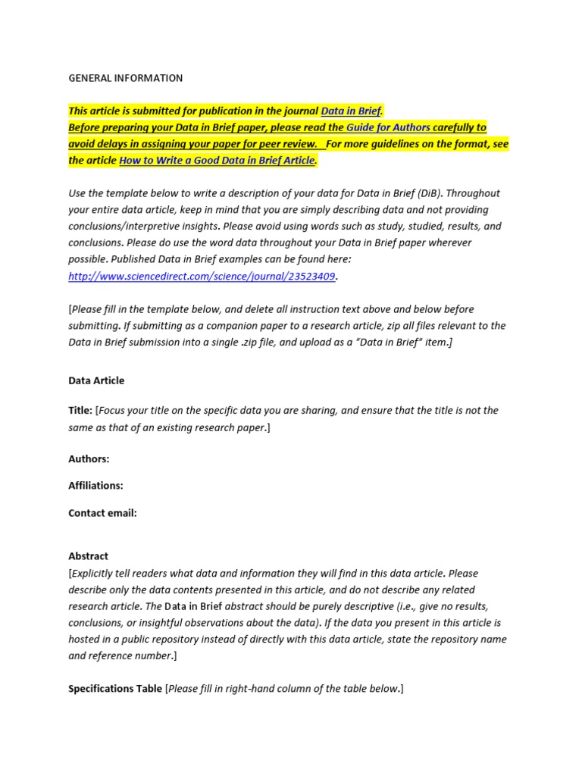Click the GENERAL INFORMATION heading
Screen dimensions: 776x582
tap(125, 78)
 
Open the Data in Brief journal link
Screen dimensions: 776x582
tap(352, 111)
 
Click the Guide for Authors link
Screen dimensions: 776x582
tap(388, 127)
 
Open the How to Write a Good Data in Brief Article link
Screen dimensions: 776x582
tap(217, 161)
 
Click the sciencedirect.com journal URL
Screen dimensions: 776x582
tap(202, 276)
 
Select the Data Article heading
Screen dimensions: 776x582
tap(96, 380)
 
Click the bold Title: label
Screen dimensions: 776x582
tap(80, 410)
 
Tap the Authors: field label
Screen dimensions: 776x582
tap(89, 458)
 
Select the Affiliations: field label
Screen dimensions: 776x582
tap(95, 485)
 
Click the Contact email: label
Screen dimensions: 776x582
tap(102, 513)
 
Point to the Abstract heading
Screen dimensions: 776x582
tap(88, 556)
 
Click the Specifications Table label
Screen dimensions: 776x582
tap(115, 689)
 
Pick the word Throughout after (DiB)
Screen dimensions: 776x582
tap(466, 193)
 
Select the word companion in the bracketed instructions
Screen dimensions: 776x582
tap(226, 325)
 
